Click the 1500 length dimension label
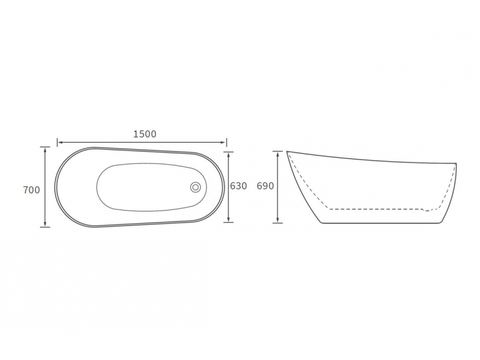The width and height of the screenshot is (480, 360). click(x=145, y=134)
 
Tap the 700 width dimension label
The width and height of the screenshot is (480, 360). click(x=32, y=190)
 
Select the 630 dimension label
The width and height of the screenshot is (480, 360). click(x=238, y=186)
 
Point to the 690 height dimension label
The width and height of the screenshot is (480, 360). click(x=265, y=186)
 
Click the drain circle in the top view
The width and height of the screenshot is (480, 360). click(x=196, y=187)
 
